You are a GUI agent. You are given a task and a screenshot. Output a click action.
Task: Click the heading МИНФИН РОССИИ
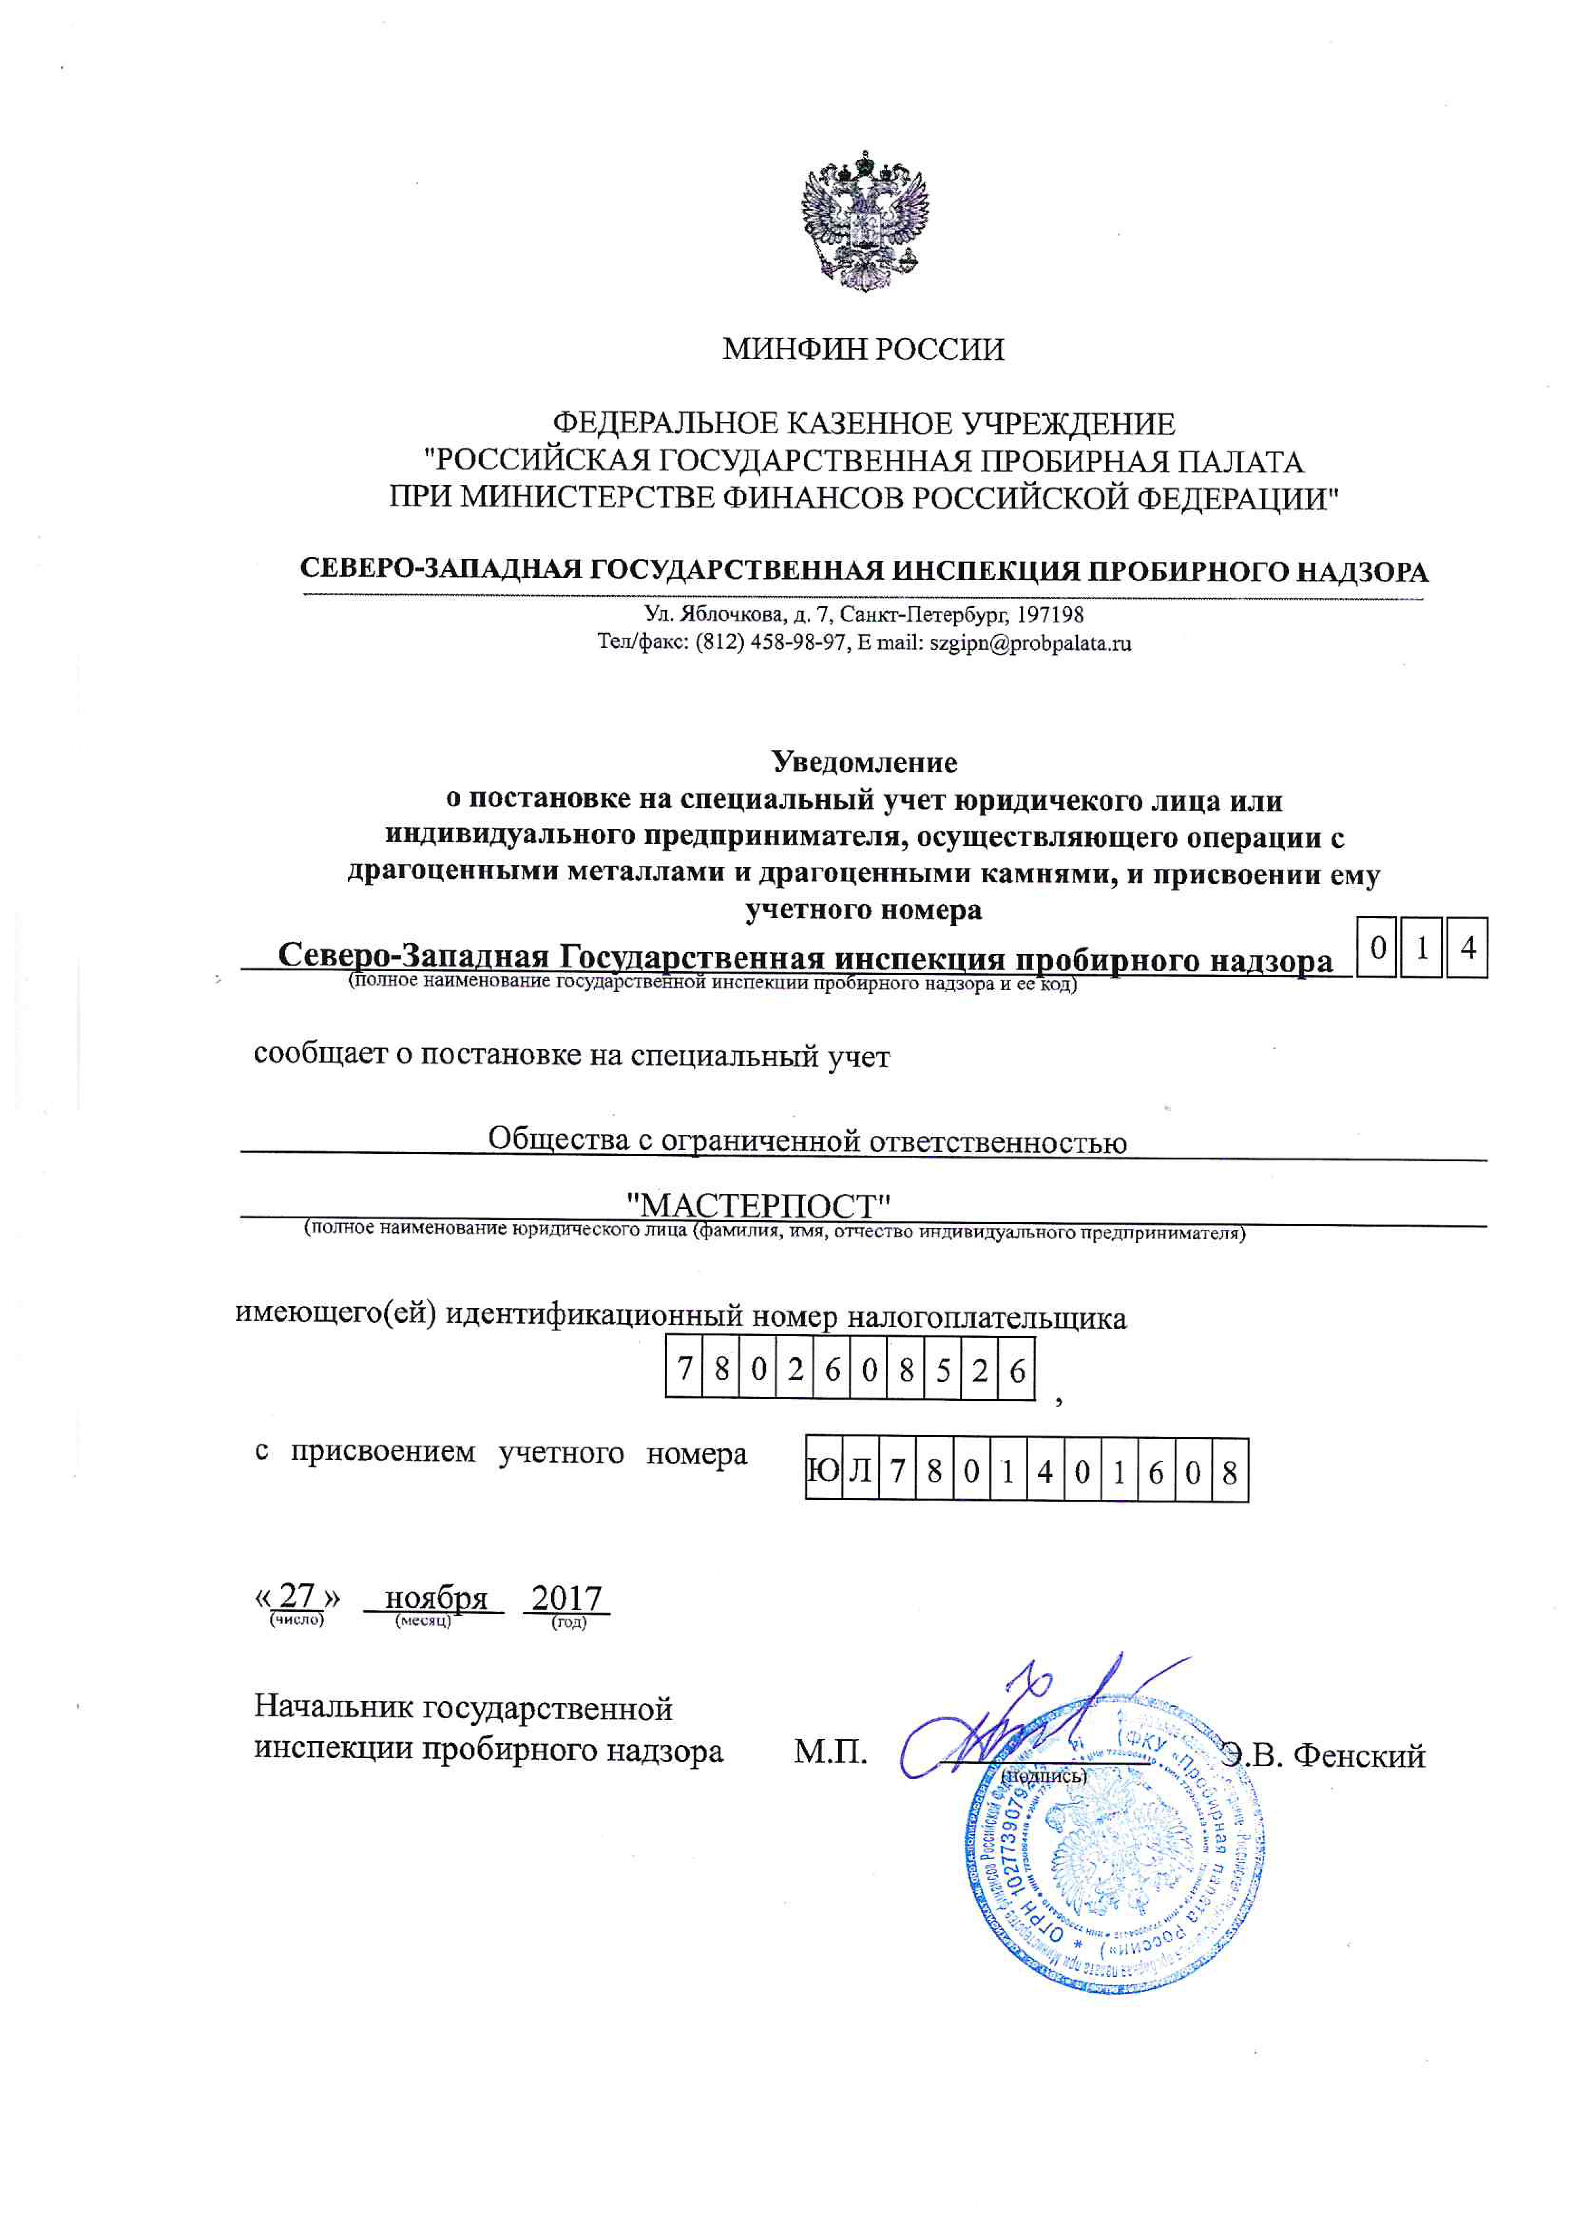click(863, 349)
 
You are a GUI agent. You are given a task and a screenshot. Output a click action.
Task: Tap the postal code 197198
click(1054, 615)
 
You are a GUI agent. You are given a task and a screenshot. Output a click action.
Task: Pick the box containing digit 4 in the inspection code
click(1467, 948)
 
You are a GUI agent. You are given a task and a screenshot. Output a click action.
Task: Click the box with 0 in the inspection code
click(1378, 948)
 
